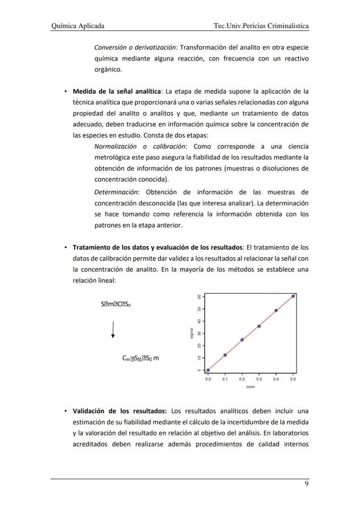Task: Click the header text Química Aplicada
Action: [78, 26]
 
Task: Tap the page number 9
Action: [307, 485]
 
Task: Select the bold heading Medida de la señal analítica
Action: [117, 92]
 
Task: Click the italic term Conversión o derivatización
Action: [136, 47]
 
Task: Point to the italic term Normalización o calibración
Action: [140, 146]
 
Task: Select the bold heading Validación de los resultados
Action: [120, 411]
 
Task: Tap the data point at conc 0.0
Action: [208, 370]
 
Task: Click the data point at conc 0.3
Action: [259, 326]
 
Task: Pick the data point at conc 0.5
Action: [293, 296]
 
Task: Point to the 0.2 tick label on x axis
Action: [242, 379]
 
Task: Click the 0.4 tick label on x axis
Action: [276, 379]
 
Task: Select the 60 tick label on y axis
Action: [198, 296]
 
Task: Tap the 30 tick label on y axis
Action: [198, 333]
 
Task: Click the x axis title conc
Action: [250, 387]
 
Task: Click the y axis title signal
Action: [191, 333]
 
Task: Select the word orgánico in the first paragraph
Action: [108, 69]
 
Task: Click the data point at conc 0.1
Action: [225, 355]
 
